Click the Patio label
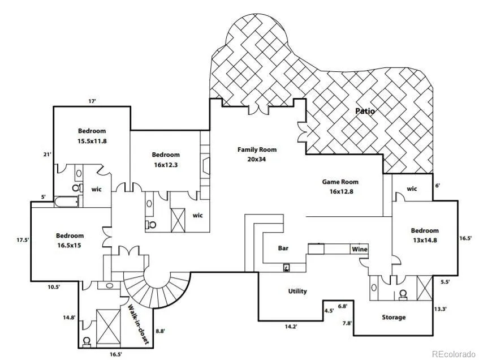click(365, 111)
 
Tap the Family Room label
click(257, 149)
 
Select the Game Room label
click(340, 182)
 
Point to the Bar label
click(283, 248)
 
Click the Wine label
click(359, 249)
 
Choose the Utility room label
click(297, 291)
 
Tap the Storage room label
click(394, 317)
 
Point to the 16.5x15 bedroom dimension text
click(70, 245)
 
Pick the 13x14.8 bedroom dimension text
click(425, 239)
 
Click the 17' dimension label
click(92, 101)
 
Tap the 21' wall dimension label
click(48, 153)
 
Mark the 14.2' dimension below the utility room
click(290, 326)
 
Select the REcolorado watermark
click(454, 354)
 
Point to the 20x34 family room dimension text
click(257, 159)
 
